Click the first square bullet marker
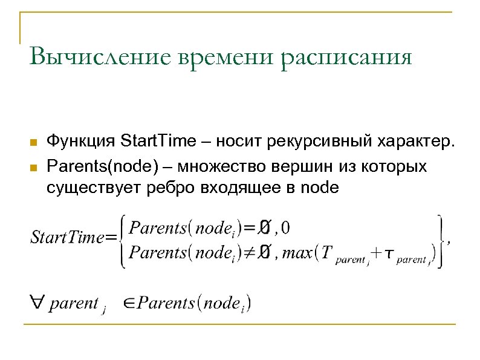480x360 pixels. click(x=34, y=143)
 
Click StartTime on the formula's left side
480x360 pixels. click(x=67, y=238)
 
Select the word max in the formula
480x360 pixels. click(x=297, y=252)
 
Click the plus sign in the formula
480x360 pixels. click(x=376, y=252)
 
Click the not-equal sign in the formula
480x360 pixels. click(x=246, y=252)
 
